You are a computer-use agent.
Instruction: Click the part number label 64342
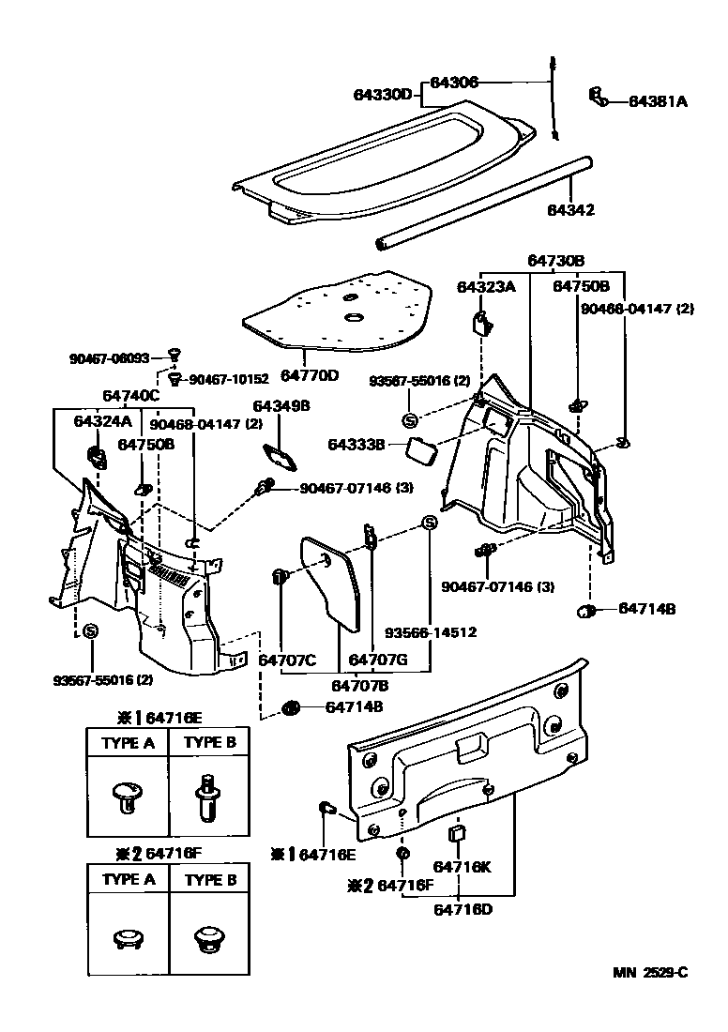(570, 210)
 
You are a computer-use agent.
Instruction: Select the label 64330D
(383, 95)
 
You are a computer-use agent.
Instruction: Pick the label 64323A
(486, 286)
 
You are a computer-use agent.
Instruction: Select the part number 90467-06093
(109, 358)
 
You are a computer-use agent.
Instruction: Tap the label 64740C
(131, 397)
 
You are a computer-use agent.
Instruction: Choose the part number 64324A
(102, 421)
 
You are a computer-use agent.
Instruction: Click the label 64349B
(281, 406)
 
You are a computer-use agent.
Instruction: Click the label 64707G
(377, 660)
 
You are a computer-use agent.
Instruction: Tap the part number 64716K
(462, 868)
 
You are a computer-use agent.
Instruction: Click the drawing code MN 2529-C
(650, 972)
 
